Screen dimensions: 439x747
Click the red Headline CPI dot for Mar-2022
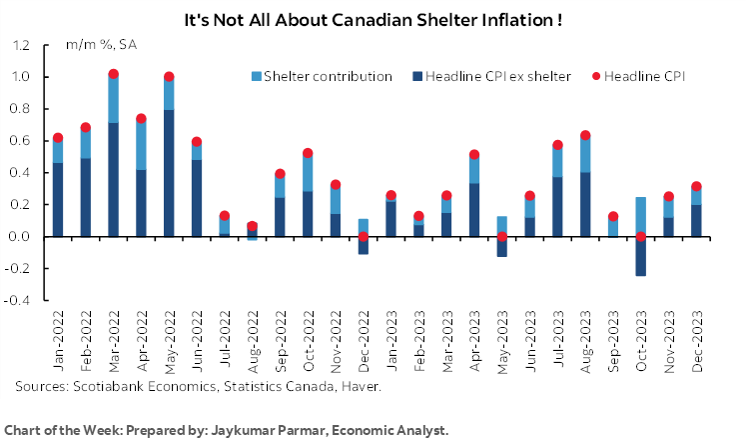click(113, 74)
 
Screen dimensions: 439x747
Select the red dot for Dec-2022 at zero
click(363, 237)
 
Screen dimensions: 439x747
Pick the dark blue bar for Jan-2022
click(58, 199)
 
